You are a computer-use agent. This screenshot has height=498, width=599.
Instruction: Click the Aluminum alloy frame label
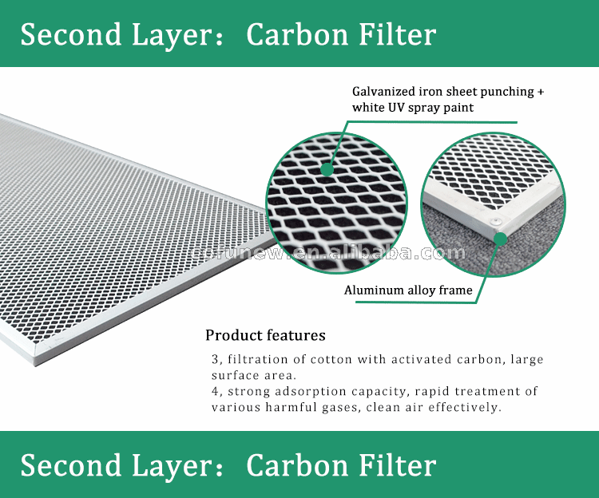click(408, 290)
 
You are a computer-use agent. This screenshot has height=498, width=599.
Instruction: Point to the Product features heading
click(265, 335)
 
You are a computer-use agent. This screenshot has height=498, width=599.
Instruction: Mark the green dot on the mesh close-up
click(327, 169)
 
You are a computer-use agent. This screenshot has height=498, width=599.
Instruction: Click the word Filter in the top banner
click(397, 34)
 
